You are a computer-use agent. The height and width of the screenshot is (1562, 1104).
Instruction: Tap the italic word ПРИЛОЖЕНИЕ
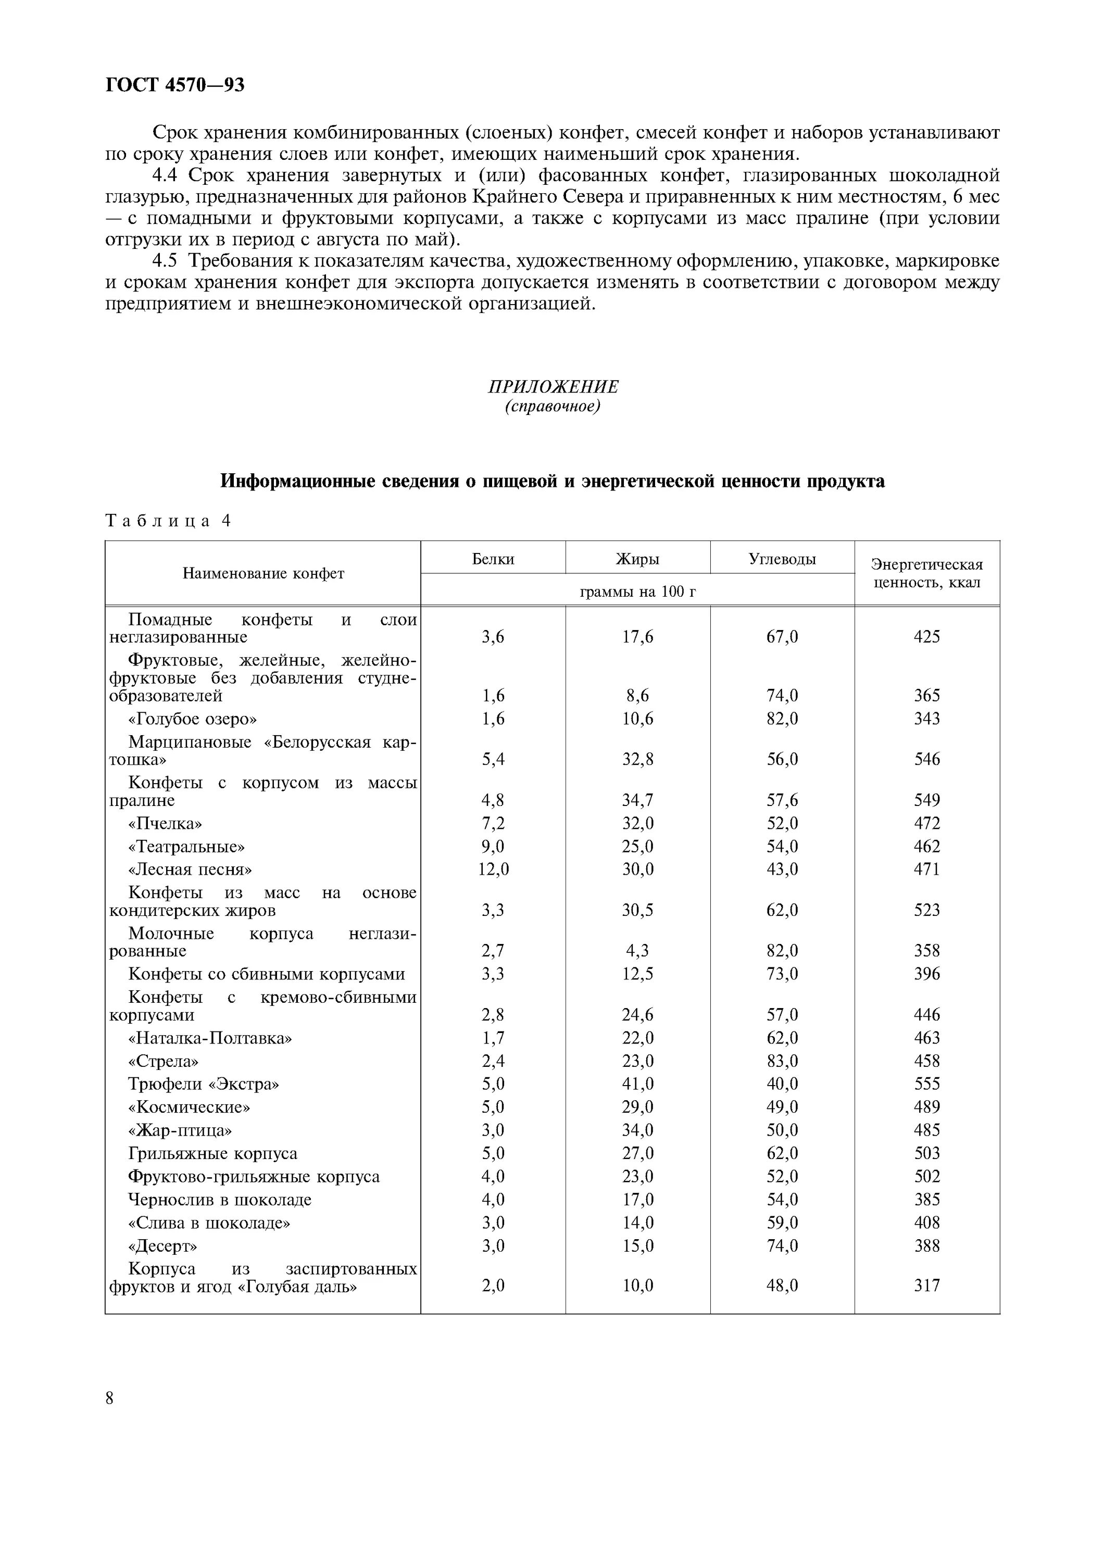[553, 386]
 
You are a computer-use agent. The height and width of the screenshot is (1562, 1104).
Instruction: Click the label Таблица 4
[168, 521]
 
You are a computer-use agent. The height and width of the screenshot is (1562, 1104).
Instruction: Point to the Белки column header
[493, 559]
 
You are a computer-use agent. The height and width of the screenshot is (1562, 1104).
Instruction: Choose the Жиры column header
[637, 559]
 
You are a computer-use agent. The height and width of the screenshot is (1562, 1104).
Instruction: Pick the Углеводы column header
[782, 559]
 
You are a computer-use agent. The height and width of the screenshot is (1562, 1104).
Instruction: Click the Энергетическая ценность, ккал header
[926, 573]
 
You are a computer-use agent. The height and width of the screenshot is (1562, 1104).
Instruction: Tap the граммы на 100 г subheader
[637, 592]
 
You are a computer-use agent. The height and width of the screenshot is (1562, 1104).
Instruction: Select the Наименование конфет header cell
[264, 573]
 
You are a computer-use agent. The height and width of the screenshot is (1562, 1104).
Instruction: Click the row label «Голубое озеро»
[193, 719]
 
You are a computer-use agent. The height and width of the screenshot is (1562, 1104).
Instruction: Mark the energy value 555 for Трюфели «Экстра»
[926, 1084]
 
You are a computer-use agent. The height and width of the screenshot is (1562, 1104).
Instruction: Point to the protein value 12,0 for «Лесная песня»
[493, 870]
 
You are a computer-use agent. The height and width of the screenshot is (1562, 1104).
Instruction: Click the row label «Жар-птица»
[180, 1130]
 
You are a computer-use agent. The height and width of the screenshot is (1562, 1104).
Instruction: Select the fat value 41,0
[637, 1084]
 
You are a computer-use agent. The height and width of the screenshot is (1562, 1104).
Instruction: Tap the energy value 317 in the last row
[926, 1285]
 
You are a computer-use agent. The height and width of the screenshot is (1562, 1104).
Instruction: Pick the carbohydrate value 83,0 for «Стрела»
[782, 1061]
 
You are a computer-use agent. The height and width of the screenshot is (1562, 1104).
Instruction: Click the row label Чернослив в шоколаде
[220, 1200]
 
